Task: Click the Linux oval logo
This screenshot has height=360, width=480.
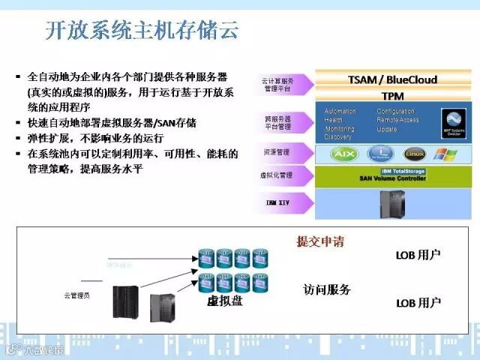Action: [414, 154]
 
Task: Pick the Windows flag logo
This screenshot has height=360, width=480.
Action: [446, 154]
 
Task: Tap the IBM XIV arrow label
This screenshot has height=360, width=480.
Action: [278, 202]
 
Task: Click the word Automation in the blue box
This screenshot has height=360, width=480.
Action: [340, 112]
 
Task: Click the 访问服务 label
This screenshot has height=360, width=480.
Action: [327, 289]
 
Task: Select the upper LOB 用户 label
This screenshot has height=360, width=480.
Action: [418, 255]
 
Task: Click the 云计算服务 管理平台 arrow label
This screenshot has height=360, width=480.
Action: [278, 85]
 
